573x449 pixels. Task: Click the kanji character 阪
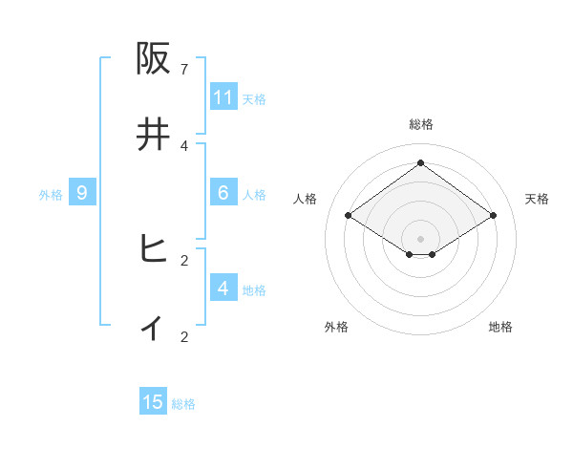click(x=153, y=59)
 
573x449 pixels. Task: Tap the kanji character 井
click(x=153, y=135)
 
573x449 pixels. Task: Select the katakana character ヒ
click(x=153, y=249)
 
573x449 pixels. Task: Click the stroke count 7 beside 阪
click(x=184, y=70)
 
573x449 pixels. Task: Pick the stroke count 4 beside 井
click(x=184, y=145)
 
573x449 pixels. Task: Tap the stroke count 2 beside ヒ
click(x=184, y=260)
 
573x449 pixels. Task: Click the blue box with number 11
click(x=223, y=97)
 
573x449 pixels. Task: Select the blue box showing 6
click(x=223, y=193)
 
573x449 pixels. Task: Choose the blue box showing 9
click(x=82, y=193)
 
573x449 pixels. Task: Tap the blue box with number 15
click(x=153, y=402)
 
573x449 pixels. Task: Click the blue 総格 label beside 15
click(x=183, y=404)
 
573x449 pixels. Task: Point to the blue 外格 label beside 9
click(x=51, y=195)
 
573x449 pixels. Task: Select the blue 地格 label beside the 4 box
click(x=254, y=290)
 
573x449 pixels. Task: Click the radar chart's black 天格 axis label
click(x=537, y=199)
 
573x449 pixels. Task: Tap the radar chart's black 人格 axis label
click(x=306, y=199)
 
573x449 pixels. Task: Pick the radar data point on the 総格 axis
click(x=420, y=162)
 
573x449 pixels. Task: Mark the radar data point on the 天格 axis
click(x=493, y=216)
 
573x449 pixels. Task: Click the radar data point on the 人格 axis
click(x=348, y=216)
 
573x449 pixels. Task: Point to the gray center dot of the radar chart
click(x=420, y=238)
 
